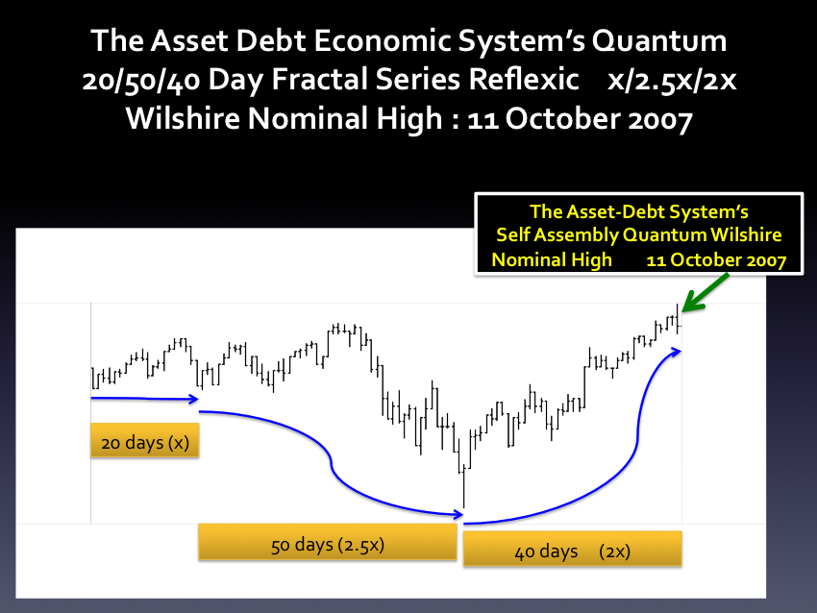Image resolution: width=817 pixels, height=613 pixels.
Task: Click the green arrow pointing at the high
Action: tap(705, 293)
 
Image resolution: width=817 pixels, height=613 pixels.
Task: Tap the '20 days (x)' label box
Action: tap(144, 441)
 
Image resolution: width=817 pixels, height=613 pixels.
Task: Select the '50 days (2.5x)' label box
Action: tap(328, 542)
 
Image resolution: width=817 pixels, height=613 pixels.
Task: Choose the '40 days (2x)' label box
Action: tap(572, 549)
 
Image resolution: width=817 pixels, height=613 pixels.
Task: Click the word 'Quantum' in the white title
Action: tap(658, 40)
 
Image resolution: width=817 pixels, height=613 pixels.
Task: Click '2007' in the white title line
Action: tap(660, 119)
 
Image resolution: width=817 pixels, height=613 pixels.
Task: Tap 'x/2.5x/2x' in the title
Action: tap(672, 80)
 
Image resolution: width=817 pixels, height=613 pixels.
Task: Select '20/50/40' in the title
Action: tap(140, 80)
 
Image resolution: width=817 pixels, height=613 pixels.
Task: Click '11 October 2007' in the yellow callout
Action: tap(716, 259)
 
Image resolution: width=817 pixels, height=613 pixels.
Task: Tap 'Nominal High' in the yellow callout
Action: tap(552, 259)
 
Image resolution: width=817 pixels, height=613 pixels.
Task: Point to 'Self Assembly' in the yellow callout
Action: tap(557, 234)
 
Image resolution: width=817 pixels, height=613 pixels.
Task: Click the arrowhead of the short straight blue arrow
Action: tap(194, 400)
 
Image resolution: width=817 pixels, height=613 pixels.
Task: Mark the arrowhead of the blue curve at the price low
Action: tap(458, 515)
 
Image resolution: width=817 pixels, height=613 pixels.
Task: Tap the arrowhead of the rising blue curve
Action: tap(676, 352)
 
